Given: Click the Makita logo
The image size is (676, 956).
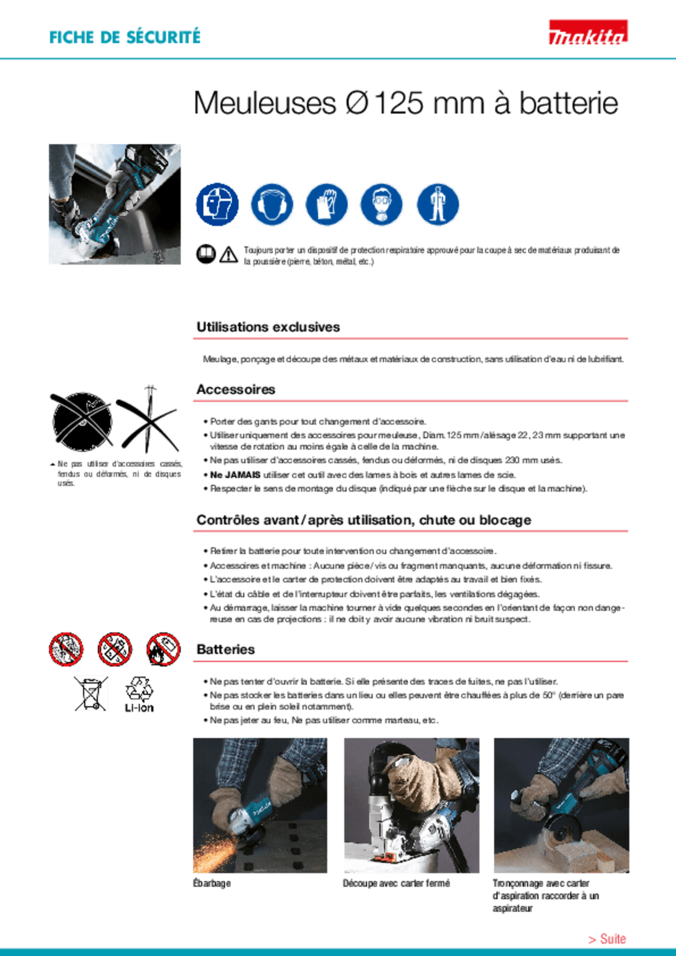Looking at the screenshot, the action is tap(588, 32).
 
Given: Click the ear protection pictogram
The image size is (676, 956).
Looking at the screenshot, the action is tap(272, 204).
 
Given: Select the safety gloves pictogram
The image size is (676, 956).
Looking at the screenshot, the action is tap(326, 204).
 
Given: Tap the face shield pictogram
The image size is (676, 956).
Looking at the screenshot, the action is tap(217, 204).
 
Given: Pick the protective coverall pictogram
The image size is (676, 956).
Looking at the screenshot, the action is tap(438, 204).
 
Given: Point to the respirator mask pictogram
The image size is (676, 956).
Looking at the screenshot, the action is tap(381, 204).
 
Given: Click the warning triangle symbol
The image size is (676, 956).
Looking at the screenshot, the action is tap(228, 255).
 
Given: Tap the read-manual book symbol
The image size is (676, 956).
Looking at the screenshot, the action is tap(205, 254).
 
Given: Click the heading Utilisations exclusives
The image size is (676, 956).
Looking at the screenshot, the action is tap(268, 327).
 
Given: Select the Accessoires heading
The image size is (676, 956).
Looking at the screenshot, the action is tap(235, 389).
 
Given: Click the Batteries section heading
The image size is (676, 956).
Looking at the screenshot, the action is tap(225, 649).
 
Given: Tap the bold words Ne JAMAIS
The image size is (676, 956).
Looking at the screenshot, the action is tap(235, 475).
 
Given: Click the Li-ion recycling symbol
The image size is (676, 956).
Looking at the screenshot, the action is tap(139, 694).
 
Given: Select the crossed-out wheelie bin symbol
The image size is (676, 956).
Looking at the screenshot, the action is tap(90, 693).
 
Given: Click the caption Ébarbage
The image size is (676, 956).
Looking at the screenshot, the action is tap(212, 883).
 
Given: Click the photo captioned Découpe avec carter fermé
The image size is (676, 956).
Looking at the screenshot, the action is tap(411, 805).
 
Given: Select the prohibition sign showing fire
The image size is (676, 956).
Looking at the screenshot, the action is tap(163, 649).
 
